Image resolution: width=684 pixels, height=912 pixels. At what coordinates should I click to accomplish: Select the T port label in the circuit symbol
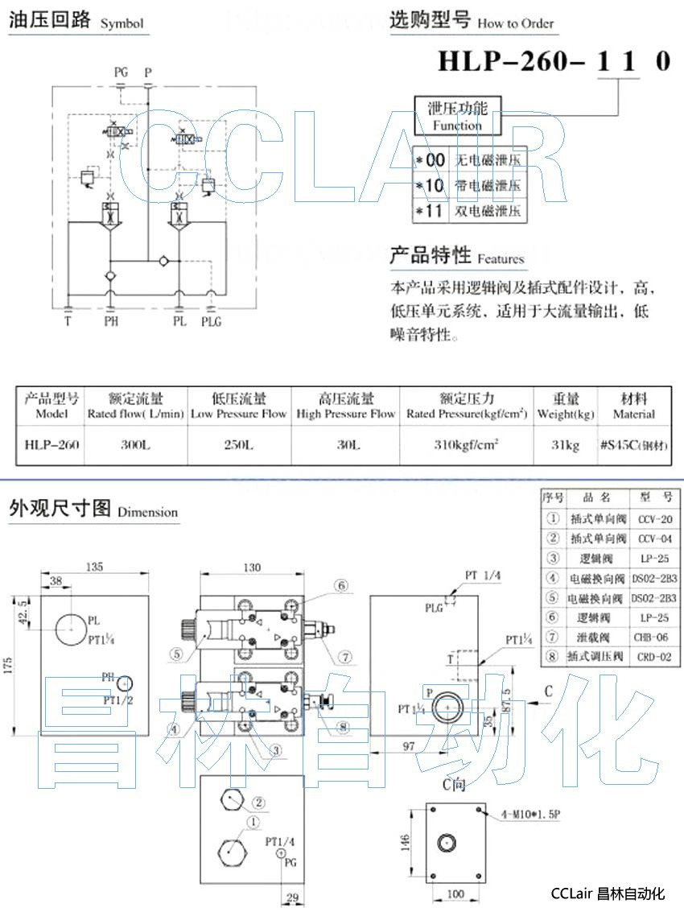(67, 321)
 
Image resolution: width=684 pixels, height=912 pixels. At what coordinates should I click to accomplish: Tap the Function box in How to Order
(457, 115)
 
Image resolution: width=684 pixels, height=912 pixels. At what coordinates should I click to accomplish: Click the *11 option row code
(431, 212)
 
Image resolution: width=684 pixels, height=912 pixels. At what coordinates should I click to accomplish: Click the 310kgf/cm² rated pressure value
(467, 444)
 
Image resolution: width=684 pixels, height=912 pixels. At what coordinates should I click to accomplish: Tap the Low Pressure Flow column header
(238, 406)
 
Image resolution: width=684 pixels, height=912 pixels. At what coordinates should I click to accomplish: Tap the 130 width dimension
(252, 567)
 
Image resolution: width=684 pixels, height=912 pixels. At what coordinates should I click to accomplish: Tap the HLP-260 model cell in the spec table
(52, 444)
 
